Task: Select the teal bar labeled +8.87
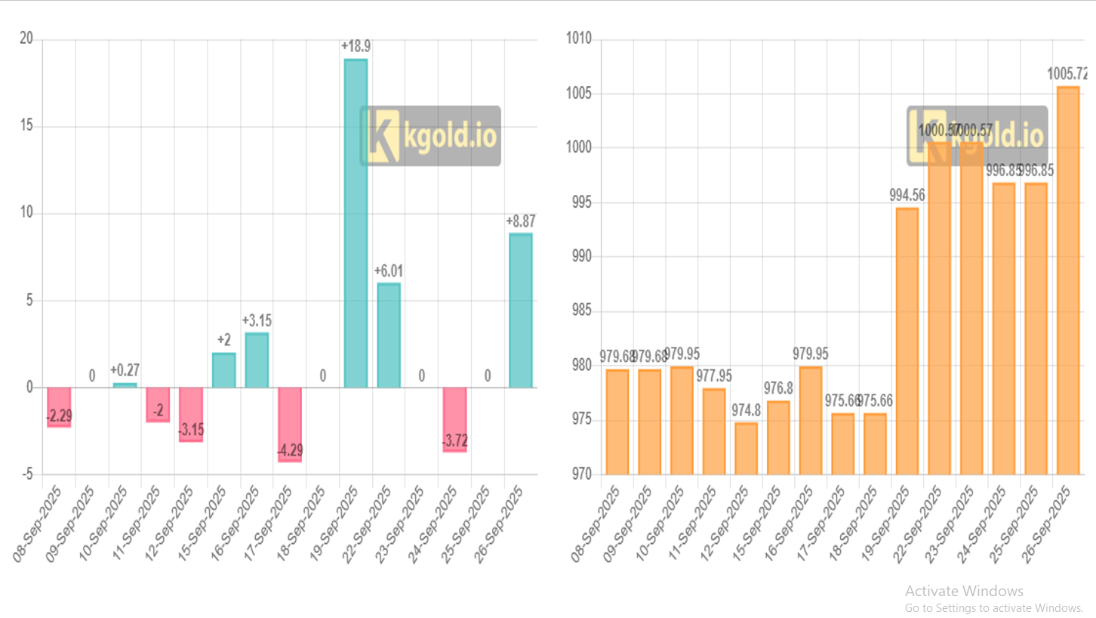pos(520,310)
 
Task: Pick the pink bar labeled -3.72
pos(454,419)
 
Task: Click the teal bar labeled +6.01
pos(389,335)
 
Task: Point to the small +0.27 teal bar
pos(125,385)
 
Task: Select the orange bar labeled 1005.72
pos(1068,280)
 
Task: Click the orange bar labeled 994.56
pos(907,341)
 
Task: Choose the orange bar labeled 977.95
pos(713,431)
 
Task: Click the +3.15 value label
pos(256,320)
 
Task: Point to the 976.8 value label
pos(777,388)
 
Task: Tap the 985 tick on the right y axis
pos(583,311)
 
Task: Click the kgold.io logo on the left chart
pos(430,136)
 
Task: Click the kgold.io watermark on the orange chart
pos(977,136)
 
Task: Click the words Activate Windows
pos(964,591)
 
